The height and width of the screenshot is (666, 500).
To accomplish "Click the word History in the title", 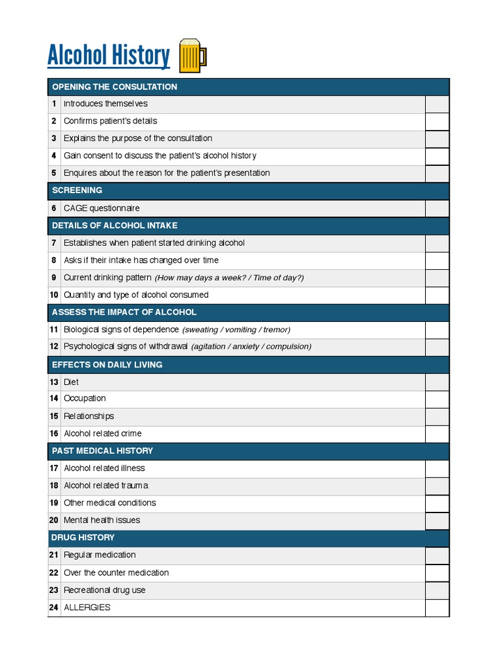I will pos(140,56).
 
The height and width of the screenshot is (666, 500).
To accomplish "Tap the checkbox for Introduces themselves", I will pos(437,104).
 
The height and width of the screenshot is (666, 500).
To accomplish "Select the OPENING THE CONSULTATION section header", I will pos(115,87).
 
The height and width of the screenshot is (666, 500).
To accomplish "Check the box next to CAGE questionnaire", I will pos(437,208).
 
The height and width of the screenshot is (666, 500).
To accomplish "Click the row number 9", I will pos(54,278).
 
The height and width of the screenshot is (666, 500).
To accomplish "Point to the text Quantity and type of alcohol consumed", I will pos(136,295).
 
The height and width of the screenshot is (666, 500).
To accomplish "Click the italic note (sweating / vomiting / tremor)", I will pos(236,330).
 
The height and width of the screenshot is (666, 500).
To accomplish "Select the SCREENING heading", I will pos(77,191).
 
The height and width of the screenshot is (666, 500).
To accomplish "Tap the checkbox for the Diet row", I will pos(437,382).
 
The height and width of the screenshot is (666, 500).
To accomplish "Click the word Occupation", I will pos(85,399).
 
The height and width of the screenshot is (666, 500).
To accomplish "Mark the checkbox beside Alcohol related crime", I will pos(437,434).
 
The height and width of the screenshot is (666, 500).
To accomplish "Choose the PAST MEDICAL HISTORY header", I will pos(102,451).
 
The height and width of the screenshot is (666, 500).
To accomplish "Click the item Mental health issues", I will pos(102,520).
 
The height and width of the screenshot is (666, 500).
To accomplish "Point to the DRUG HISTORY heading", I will pos(83,537).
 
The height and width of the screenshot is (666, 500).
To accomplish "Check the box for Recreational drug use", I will pos(437,590).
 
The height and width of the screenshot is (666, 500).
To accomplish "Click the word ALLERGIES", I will pos(87,607).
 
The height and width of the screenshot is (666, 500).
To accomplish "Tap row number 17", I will pos(54,468).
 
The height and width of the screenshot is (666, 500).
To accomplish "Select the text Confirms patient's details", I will pos(110,121).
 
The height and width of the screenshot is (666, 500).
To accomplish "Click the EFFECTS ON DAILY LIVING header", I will pos(107,364).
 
